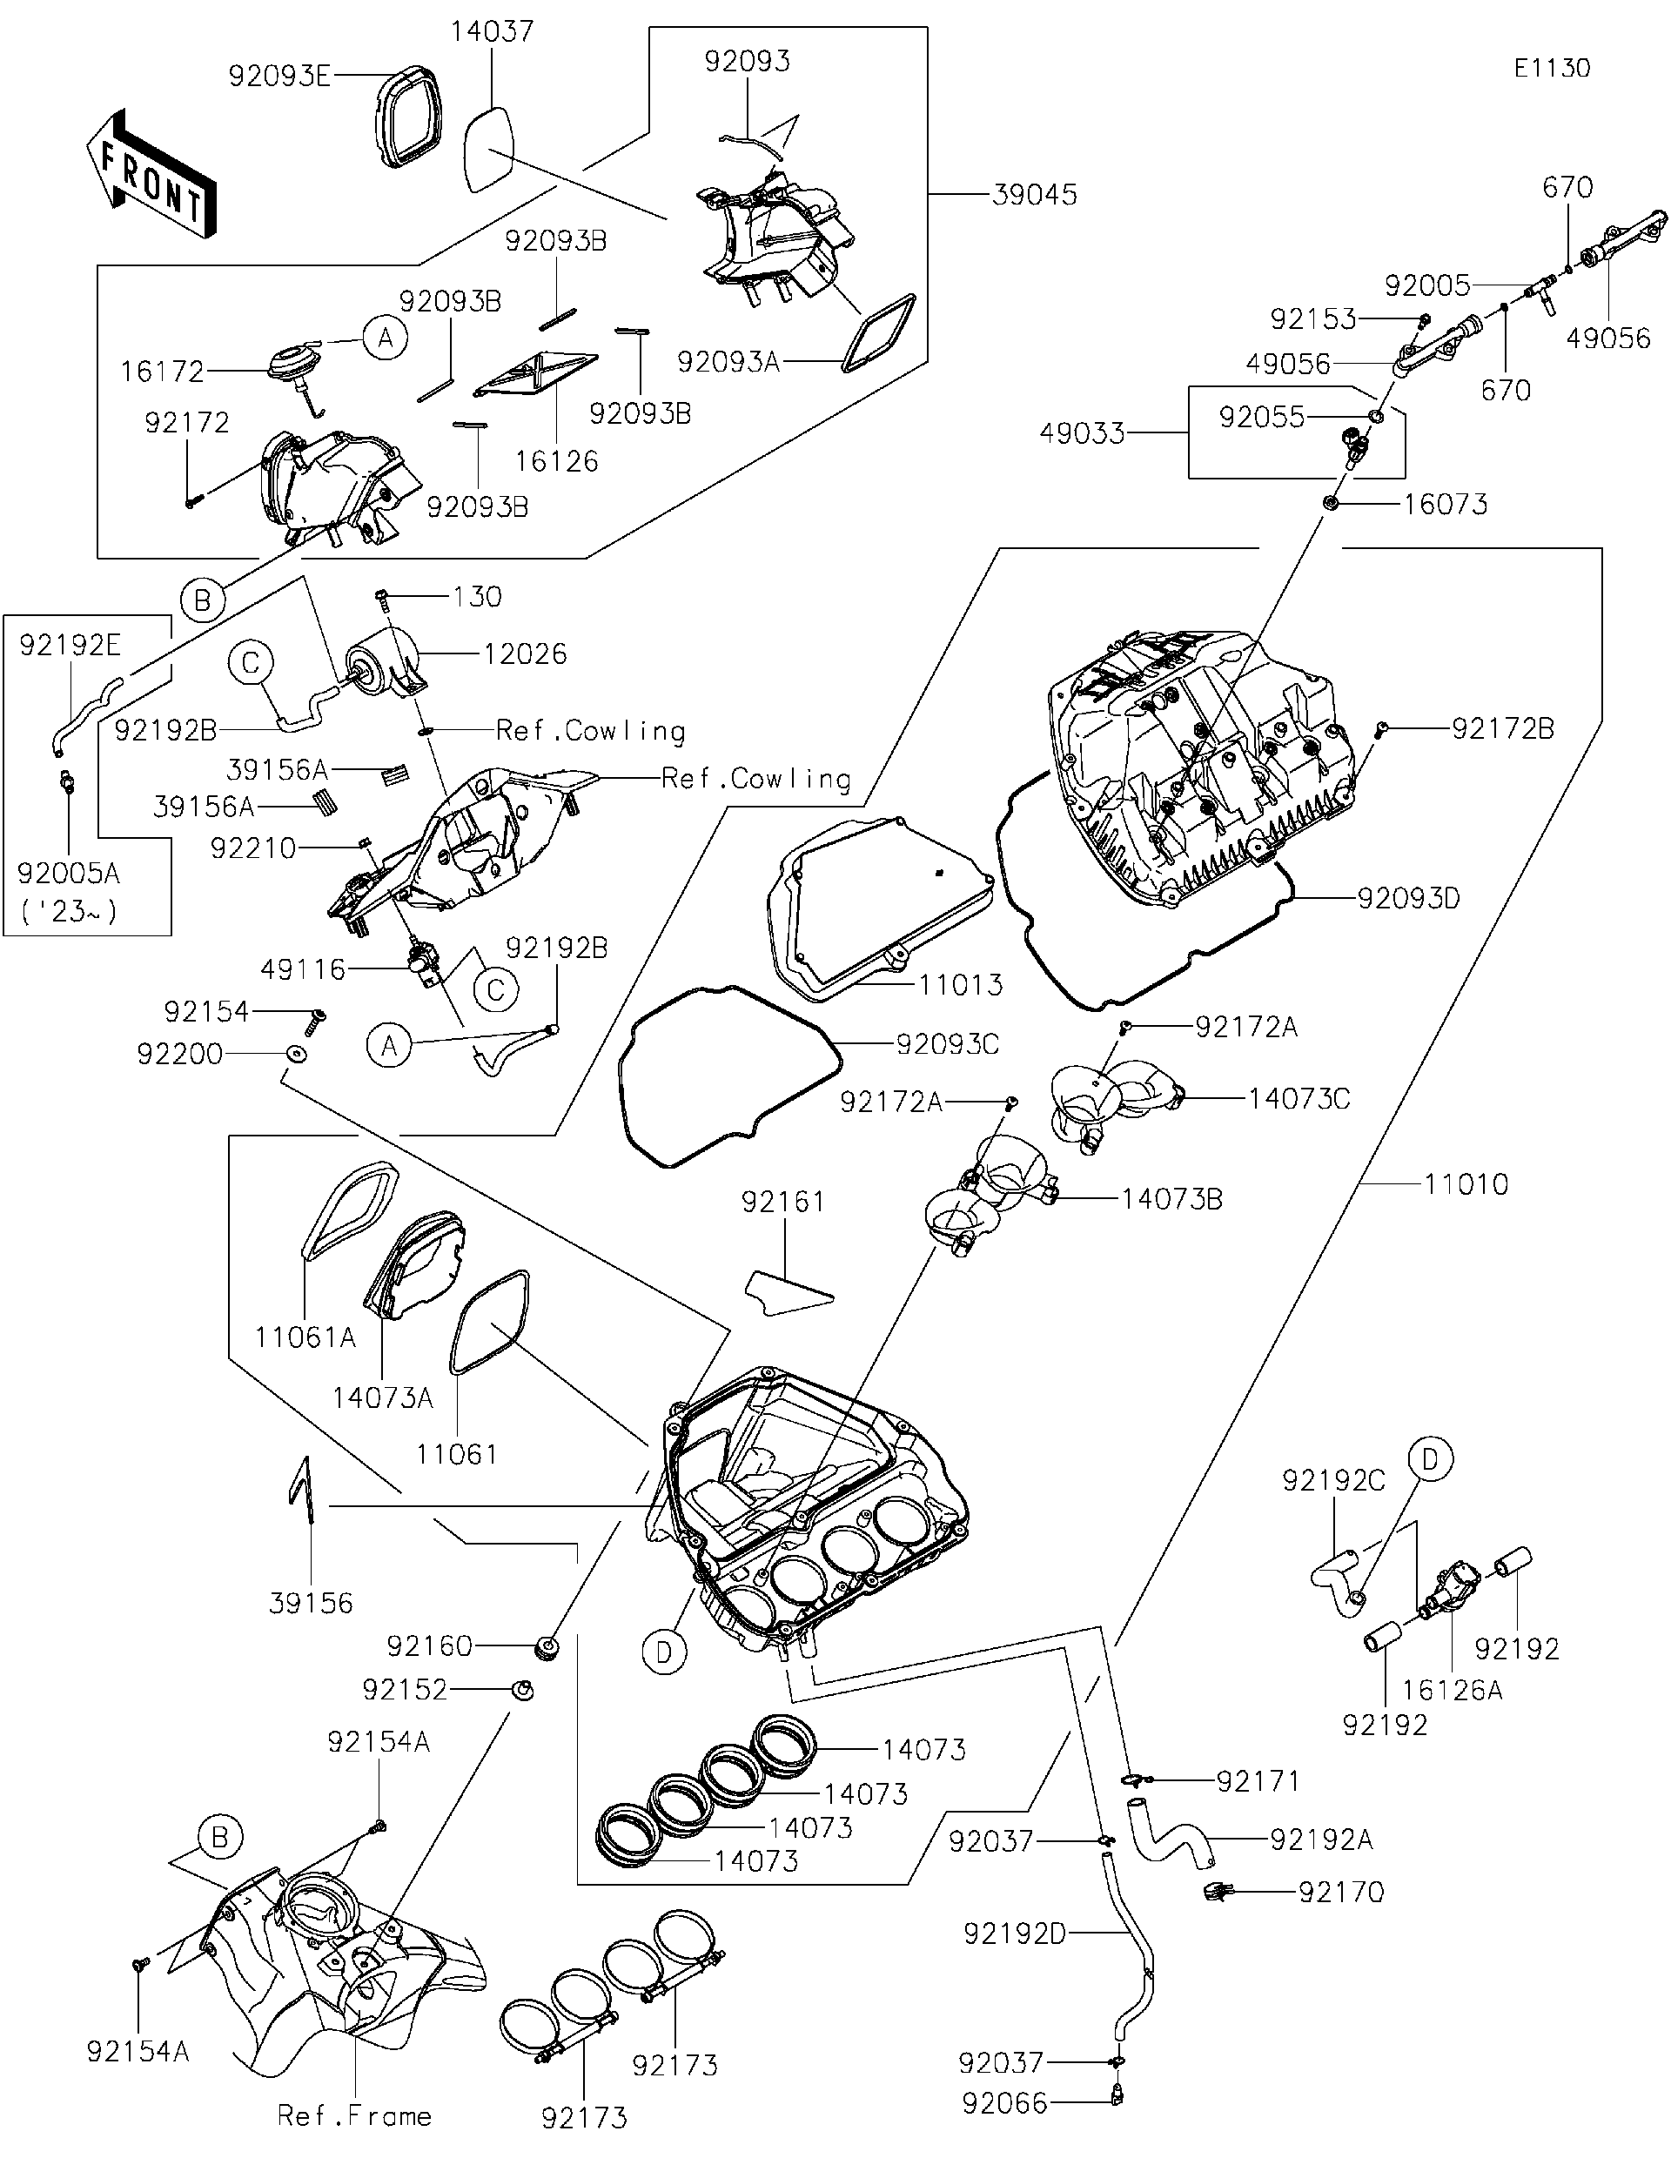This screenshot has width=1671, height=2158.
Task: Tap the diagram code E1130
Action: click(1552, 68)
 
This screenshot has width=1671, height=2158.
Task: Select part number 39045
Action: click(1034, 195)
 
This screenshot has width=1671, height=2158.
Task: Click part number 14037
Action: click(492, 31)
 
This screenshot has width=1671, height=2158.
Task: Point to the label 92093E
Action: click(279, 76)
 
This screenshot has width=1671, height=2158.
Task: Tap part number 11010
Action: click(1466, 1183)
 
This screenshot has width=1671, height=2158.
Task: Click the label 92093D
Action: click(1408, 899)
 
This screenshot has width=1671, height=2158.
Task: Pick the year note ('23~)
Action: click(69, 911)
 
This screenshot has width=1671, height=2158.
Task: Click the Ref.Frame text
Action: click(353, 2115)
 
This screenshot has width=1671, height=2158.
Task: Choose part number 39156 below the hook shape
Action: click(311, 1603)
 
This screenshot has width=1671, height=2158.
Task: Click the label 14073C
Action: click(1299, 1099)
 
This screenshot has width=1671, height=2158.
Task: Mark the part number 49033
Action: click(1082, 432)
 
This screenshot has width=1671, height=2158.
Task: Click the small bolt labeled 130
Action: click(384, 597)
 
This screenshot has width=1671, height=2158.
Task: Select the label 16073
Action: click(1445, 505)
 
